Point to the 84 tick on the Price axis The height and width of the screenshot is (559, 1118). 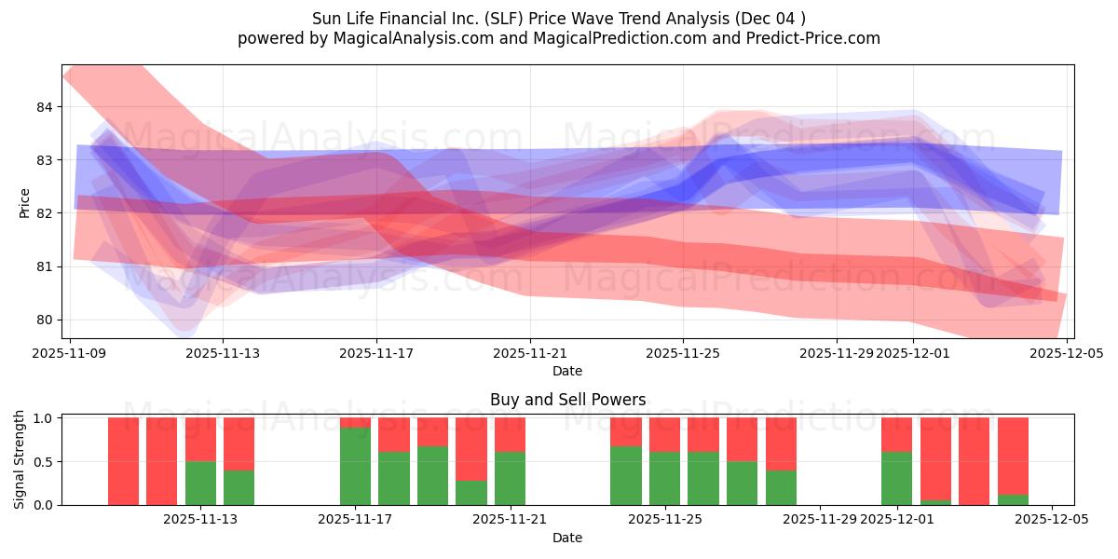pos(44,107)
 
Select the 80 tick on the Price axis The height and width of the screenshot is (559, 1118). pos(44,320)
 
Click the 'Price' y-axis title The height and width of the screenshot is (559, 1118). pos(25,202)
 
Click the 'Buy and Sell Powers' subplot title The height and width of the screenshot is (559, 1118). pos(567,400)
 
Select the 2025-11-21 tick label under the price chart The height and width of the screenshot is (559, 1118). pos(530,354)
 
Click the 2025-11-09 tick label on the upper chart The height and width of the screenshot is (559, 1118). pos(71,354)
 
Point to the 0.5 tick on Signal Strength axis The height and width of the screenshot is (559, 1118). pos(42,461)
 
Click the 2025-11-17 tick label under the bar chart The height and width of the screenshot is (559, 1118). pos(355,520)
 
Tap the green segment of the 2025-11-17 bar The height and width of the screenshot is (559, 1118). pos(355,466)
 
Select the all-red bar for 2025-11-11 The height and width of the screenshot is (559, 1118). pos(161,461)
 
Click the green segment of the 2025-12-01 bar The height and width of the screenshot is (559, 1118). pos(896,478)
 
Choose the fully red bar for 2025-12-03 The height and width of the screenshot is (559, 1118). pos(974,461)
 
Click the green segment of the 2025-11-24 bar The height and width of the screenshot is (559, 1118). pos(626,475)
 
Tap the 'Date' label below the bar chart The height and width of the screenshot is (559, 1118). pos(567,538)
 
